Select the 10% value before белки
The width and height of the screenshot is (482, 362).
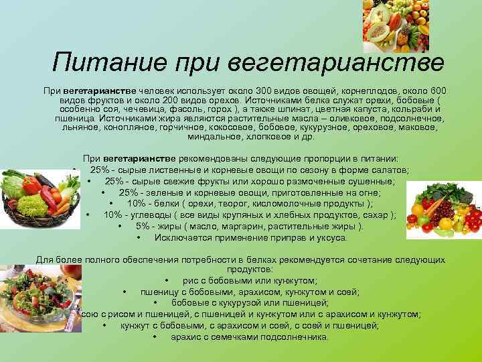(x=137, y=204)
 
